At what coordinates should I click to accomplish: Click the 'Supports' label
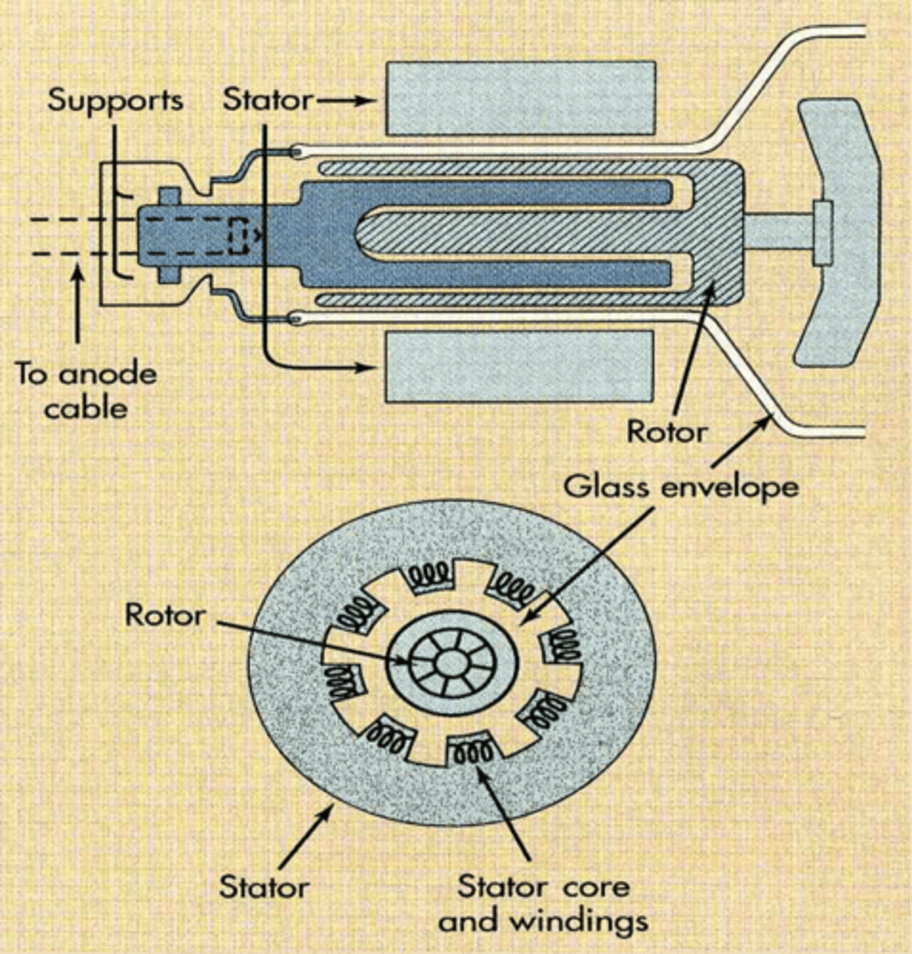pos(114,100)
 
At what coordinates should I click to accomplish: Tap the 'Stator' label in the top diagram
pos(267,100)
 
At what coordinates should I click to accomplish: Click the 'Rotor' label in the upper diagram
pos(666,432)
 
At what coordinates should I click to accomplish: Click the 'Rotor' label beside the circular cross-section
pos(165,615)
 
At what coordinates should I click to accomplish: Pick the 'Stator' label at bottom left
pos(263,886)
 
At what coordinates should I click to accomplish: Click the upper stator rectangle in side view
pos(521,99)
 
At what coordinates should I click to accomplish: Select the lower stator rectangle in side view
pos(519,366)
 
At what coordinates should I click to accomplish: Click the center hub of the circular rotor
pos(452,662)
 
